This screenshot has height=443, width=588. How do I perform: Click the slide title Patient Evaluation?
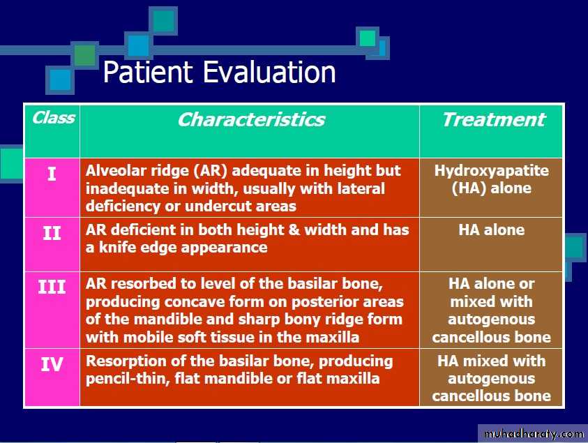click(219, 72)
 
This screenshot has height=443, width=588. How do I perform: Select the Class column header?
click(53, 118)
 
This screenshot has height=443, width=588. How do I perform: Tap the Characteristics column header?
click(251, 120)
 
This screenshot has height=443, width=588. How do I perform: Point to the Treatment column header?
click(494, 120)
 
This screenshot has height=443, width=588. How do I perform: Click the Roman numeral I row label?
click(52, 174)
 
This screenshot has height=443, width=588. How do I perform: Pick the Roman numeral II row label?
click(52, 233)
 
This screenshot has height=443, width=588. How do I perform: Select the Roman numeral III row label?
click(52, 287)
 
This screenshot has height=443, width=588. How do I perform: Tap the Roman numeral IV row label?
click(52, 364)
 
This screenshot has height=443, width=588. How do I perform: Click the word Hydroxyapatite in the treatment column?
click(491, 171)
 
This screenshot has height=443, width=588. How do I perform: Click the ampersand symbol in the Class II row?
click(294, 230)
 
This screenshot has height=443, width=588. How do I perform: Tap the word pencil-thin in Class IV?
click(127, 379)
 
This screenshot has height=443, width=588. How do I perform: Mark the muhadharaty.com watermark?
click(534, 434)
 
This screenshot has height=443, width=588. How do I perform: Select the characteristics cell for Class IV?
click(250, 377)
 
